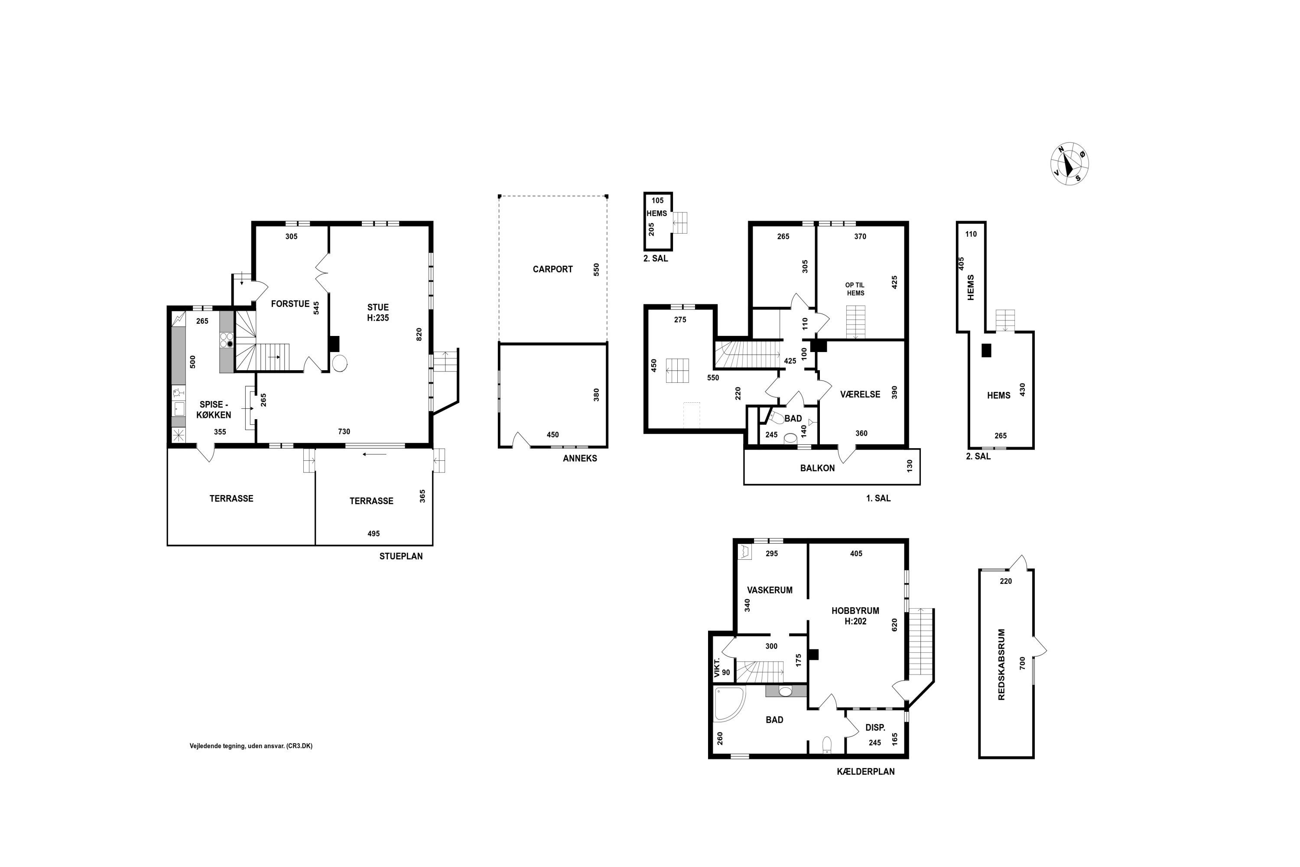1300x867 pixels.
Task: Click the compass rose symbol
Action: tap(1069, 164)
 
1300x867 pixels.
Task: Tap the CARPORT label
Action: tap(553, 269)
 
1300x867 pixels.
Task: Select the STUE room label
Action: tap(378, 307)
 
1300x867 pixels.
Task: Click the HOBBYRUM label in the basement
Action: tap(855, 611)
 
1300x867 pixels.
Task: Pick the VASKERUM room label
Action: tap(770, 590)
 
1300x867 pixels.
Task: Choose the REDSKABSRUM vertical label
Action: tap(1001, 665)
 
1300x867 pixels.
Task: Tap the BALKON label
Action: tap(817, 468)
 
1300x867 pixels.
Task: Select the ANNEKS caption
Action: tap(580, 458)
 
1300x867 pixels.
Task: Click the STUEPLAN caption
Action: tap(401, 556)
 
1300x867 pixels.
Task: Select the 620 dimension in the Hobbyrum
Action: tap(894, 625)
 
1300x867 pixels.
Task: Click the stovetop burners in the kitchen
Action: tap(227, 340)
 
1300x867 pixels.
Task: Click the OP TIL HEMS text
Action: tap(855, 289)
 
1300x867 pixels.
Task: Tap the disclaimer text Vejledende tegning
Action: tap(251, 746)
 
